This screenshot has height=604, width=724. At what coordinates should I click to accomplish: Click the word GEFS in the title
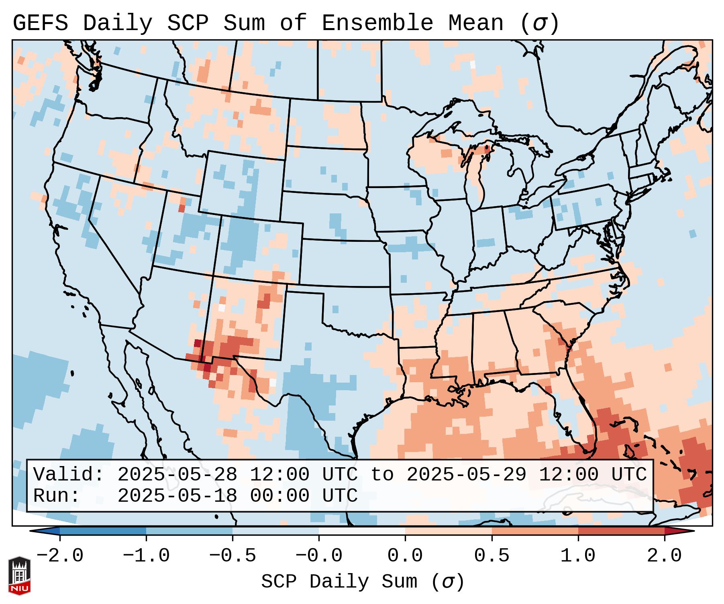40,23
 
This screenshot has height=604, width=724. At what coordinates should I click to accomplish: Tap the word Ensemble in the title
377,23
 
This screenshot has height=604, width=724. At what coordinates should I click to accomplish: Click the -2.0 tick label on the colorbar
60,556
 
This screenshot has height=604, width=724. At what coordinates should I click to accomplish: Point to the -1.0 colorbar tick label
146,556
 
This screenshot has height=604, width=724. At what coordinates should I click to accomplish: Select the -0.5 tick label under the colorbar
232,556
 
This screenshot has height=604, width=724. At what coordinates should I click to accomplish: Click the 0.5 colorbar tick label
492,556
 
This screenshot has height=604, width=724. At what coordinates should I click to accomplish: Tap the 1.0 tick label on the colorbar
578,556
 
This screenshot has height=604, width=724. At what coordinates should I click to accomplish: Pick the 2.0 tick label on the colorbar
665,556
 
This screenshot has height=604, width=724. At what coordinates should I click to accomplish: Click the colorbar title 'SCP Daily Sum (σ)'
363,582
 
